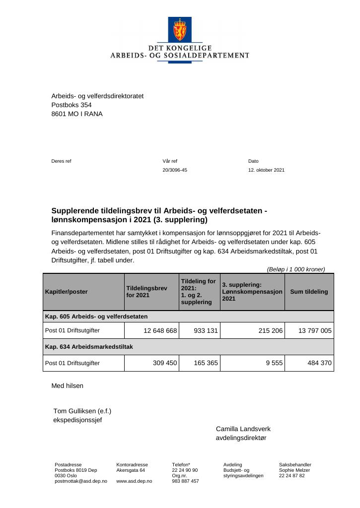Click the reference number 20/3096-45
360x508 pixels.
click(x=175, y=170)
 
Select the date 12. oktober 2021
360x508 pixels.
click(x=266, y=170)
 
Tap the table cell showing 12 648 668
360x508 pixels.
click(x=160, y=330)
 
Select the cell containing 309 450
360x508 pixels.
click(x=165, y=363)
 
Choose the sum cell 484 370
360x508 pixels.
click(x=319, y=363)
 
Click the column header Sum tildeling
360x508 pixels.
click(x=309, y=292)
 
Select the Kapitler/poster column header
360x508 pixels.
click(x=66, y=292)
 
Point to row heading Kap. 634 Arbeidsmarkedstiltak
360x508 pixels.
click(x=89, y=347)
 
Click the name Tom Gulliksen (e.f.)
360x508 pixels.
click(x=82, y=411)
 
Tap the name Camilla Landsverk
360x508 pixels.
click(x=243, y=429)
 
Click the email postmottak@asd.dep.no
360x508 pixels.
click(x=81, y=481)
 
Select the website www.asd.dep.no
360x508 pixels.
click(x=134, y=481)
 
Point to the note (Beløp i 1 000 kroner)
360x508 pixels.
click(x=295, y=269)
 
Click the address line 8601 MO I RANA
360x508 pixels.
click(x=77, y=114)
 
